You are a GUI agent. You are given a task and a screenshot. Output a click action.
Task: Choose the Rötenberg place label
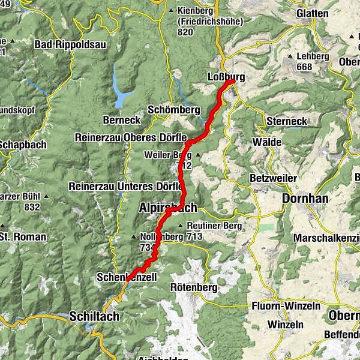tap(193, 287)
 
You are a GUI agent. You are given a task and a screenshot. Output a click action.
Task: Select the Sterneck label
tap(286, 121)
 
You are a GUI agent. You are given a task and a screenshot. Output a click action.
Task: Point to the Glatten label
tap(313, 13)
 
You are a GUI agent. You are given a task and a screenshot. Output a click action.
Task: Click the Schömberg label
tap(173, 110)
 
